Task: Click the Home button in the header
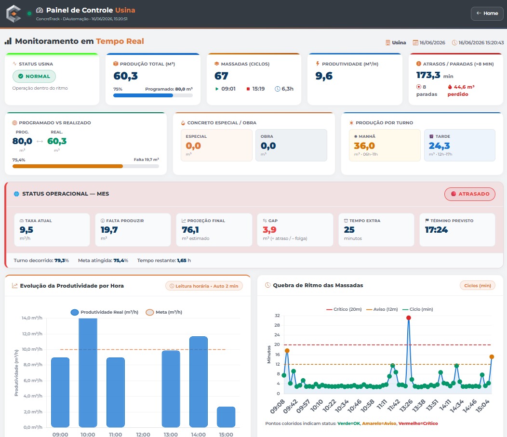(487, 13)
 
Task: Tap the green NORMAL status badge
(34, 76)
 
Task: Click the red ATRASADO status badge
(469, 194)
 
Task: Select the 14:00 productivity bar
(198, 382)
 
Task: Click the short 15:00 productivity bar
(226, 417)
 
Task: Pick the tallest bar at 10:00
(88, 372)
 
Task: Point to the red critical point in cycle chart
(408, 318)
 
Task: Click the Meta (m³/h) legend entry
(164, 312)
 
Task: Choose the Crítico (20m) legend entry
(344, 309)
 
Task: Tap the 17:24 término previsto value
(436, 230)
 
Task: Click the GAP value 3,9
(269, 230)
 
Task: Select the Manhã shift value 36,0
(364, 146)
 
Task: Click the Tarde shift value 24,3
(440, 146)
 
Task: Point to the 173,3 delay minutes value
(428, 75)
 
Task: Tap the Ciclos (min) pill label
(478, 286)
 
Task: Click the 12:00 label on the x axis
(143, 435)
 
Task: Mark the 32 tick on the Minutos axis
(277, 316)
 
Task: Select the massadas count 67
(222, 76)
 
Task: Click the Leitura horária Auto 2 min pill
(204, 286)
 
